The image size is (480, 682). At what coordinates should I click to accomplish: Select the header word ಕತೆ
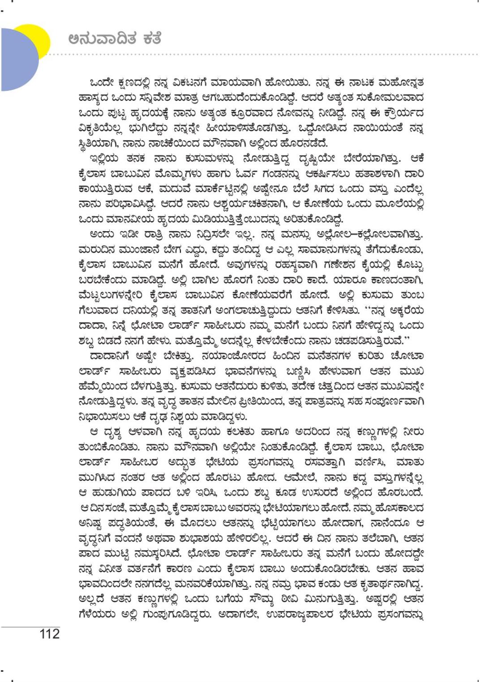(149, 39)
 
